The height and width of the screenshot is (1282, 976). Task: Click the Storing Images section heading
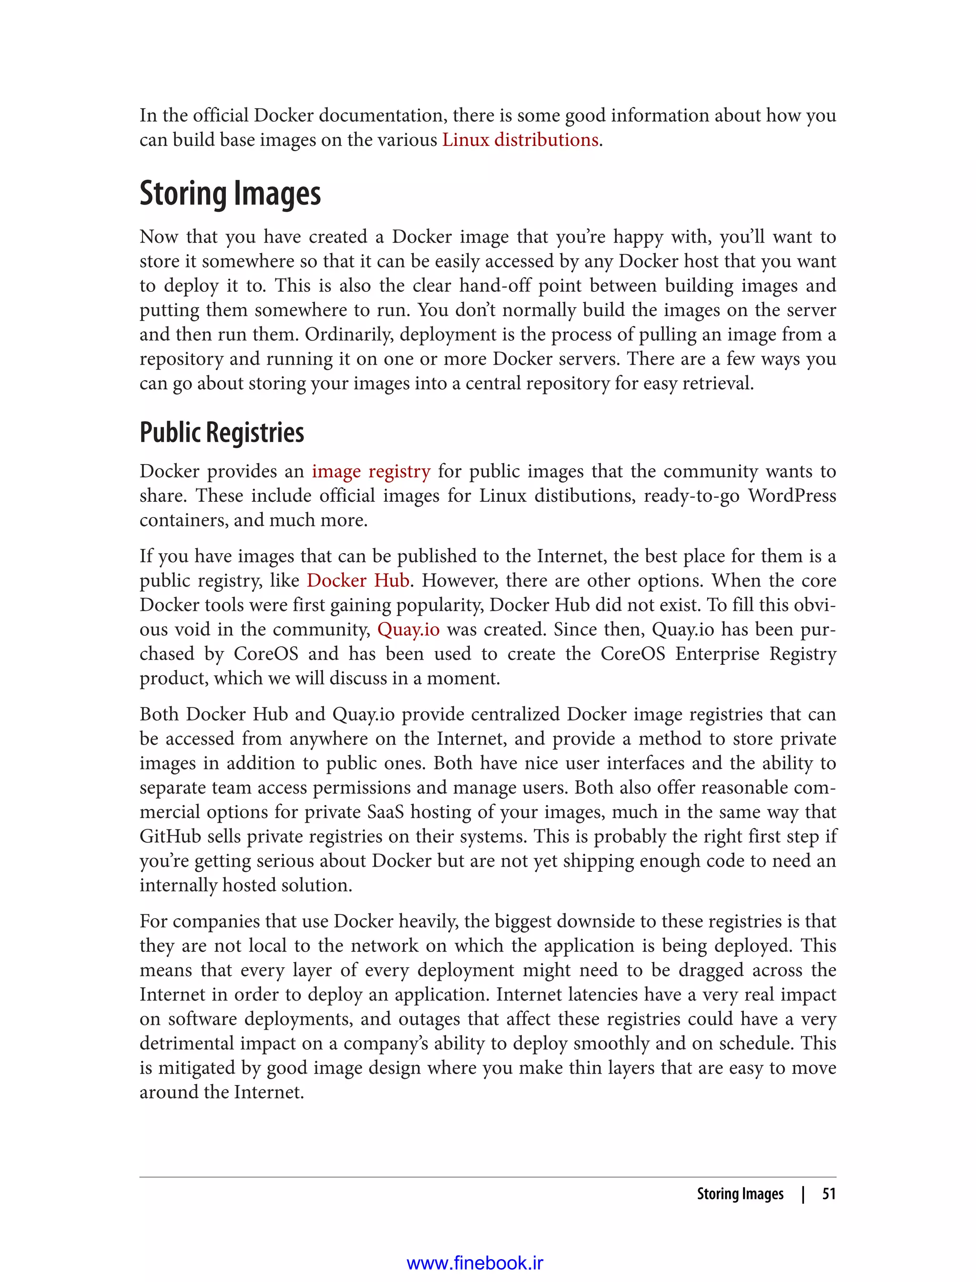[x=230, y=194]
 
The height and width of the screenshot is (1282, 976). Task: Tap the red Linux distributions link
[x=520, y=140]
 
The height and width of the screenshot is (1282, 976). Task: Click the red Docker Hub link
[x=358, y=580]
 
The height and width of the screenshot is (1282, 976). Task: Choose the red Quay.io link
[x=408, y=629]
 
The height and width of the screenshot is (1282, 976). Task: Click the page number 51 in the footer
[x=828, y=1194]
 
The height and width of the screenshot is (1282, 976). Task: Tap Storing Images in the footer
[x=740, y=1194]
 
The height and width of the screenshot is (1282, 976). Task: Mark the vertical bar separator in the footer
[x=803, y=1194]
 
